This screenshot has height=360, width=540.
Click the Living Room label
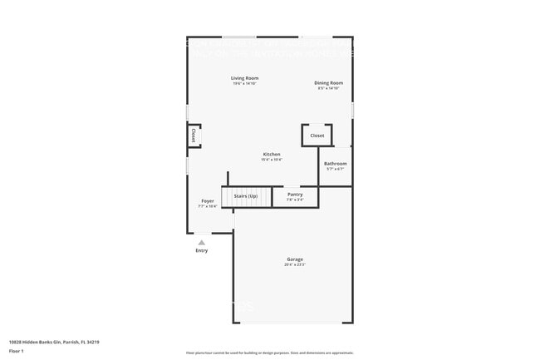point(244,78)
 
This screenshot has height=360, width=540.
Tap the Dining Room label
point(328,82)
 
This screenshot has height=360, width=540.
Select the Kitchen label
point(272,154)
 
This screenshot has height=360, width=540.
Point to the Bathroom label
point(335,164)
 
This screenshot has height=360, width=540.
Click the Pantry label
point(295,195)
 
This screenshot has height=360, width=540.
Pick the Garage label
point(295,259)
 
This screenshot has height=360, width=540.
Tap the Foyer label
point(208,200)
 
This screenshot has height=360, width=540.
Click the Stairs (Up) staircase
point(246,197)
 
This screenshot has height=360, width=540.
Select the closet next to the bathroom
point(317,135)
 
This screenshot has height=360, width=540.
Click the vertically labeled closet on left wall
point(194,136)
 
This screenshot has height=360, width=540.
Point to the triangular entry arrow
point(201,242)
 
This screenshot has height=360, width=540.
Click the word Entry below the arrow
point(202,250)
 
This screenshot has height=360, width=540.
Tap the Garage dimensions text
point(295,265)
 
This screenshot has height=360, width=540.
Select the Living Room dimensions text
point(244,84)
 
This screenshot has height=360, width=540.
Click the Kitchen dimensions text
point(272,160)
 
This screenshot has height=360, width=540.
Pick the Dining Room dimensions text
point(328,88)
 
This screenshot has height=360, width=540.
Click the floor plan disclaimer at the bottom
point(269,353)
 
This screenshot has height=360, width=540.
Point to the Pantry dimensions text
point(295,200)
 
